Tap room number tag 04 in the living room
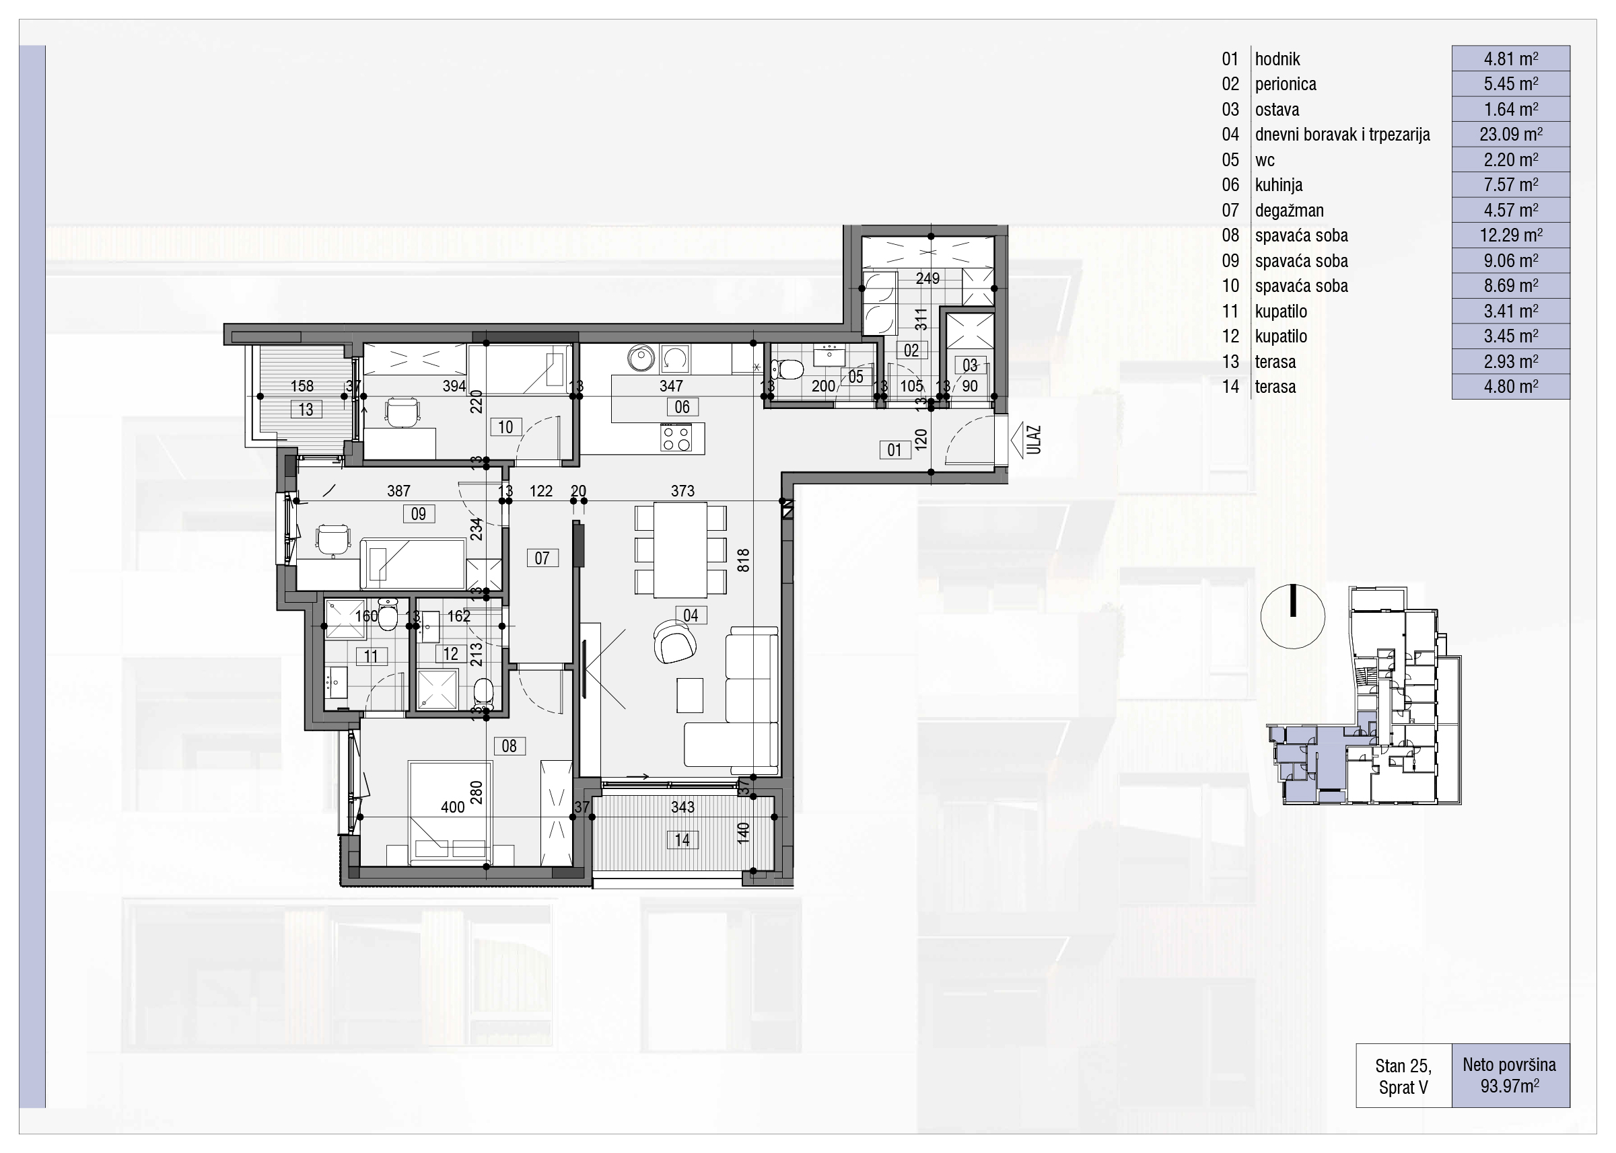[x=691, y=615]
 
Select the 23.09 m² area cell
[x=1510, y=134]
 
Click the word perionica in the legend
[x=1286, y=84]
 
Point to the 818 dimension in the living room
[x=743, y=561]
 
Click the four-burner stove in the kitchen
[x=676, y=437]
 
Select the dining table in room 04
[x=680, y=550]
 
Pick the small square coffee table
[x=690, y=695]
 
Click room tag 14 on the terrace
[x=682, y=840]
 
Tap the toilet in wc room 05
[x=787, y=369]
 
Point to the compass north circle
[x=1293, y=616]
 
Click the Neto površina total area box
[x=1510, y=1075]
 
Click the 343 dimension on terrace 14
[x=682, y=807]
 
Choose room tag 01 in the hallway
[x=894, y=449]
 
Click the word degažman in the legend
[x=1290, y=210]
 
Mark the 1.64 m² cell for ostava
[x=1510, y=110]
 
